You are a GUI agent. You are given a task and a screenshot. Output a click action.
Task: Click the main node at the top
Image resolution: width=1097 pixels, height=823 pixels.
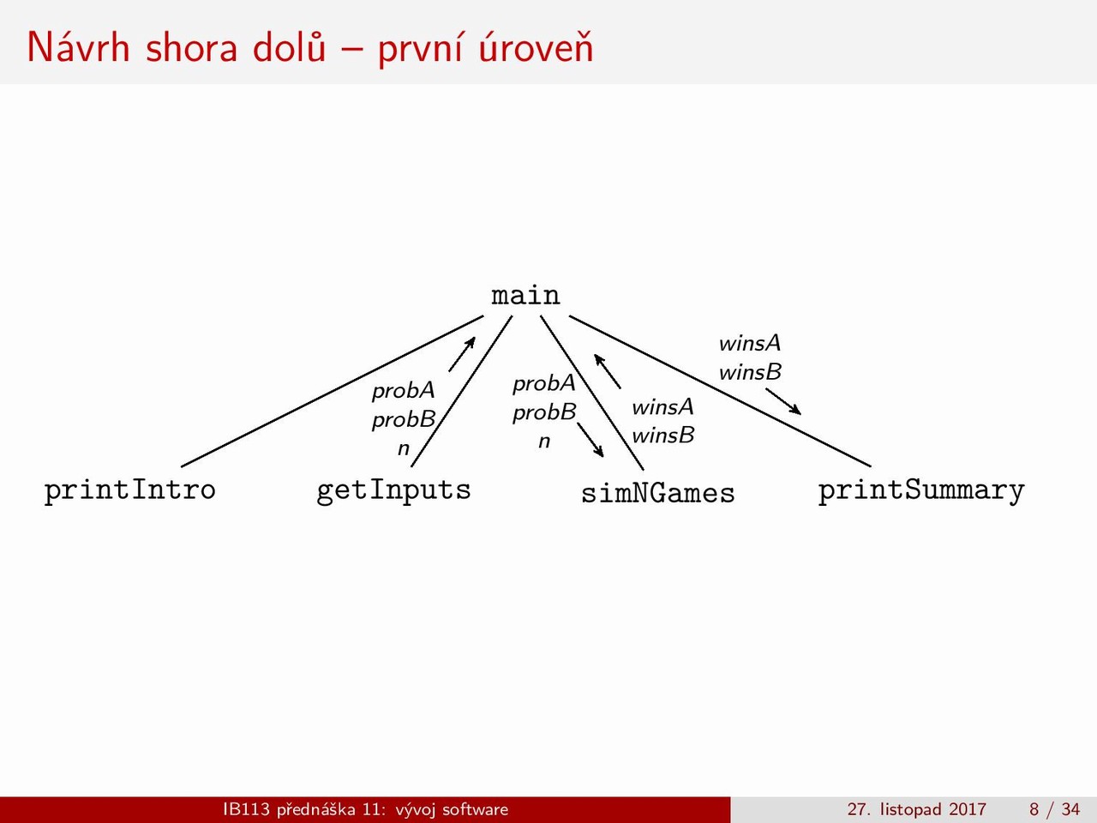click(x=525, y=295)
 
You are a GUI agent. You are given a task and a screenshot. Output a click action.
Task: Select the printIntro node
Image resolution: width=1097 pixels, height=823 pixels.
click(x=130, y=490)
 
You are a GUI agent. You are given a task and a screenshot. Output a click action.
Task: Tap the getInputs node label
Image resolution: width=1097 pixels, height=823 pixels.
click(x=393, y=490)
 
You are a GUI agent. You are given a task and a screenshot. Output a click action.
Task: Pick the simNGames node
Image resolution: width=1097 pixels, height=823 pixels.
click(x=657, y=493)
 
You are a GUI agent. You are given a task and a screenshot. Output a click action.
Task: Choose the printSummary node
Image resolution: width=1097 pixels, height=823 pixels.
click(x=921, y=490)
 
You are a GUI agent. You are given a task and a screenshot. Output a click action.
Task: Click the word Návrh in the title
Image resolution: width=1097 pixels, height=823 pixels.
click(x=78, y=47)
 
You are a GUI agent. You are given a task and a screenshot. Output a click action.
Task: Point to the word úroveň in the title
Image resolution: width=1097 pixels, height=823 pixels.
click(x=536, y=47)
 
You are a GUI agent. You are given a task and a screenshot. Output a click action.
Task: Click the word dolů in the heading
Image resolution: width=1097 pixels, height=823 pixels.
click(x=289, y=47)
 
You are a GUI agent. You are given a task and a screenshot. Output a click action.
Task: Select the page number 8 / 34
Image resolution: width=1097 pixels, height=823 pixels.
click(x=1054, y=809)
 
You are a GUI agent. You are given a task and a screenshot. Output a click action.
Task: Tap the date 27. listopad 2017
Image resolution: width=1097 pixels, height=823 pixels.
click(x=916, y=809)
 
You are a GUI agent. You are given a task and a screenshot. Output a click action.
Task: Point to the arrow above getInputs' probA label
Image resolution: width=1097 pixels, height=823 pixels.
click(x=462, y=354)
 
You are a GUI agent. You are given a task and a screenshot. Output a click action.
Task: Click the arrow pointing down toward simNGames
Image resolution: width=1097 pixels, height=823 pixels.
click(x=590, y=440)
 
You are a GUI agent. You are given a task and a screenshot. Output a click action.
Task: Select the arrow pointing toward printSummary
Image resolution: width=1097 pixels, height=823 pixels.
click(x=783, y=402)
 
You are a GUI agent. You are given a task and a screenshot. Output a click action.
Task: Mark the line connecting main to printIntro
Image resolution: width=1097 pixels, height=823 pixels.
click(x=333, y=391)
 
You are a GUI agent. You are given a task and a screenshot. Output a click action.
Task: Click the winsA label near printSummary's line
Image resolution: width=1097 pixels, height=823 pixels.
click(x=750, y=343)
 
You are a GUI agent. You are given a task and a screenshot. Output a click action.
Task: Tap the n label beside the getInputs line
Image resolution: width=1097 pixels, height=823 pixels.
click(x=404, y=448)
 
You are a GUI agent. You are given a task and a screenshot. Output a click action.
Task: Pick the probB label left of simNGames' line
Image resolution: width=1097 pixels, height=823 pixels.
click(x=544, y=412)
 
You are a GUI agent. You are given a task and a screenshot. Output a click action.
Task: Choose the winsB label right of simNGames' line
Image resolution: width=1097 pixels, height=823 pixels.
click(x=662, y=436)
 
